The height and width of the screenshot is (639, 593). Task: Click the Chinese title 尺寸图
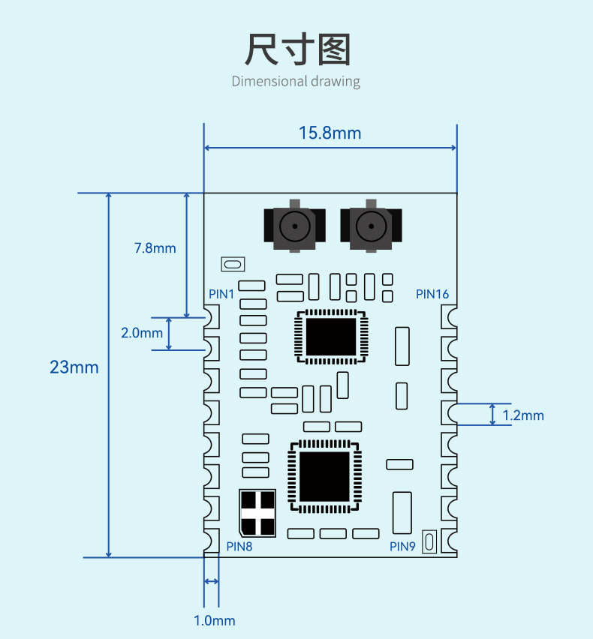tap(297, 49)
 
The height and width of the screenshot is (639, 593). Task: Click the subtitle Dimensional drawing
tap(296, 81)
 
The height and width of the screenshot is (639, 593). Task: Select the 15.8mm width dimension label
tap(330, 133)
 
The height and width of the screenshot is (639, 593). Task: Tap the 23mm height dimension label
tap(74, 367)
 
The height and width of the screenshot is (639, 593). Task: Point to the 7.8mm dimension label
tap(155, 248)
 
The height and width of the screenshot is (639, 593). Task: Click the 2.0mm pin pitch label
tap(141, 333)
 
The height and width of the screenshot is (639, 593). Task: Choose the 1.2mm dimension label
tap(523, 415)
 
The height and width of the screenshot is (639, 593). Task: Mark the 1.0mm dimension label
tap(214, 621)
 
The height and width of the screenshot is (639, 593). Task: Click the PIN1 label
tap(221, 295)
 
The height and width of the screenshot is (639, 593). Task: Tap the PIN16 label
tap(432, 294)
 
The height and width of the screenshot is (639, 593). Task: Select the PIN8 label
tap(239, 547)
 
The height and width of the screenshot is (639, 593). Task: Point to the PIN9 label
tap(402, 547)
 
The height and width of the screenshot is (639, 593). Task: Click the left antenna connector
tap(295, 226)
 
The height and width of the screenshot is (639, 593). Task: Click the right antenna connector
tap(369, 226)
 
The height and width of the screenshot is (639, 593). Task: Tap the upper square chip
tap(330, 337)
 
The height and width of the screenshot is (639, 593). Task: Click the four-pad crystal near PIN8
tap(257, 513)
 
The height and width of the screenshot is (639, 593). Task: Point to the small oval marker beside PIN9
tap(429, 541)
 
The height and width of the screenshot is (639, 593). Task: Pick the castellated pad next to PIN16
tap(449, 316)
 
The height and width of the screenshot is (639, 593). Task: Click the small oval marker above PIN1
tap(233, 264)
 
